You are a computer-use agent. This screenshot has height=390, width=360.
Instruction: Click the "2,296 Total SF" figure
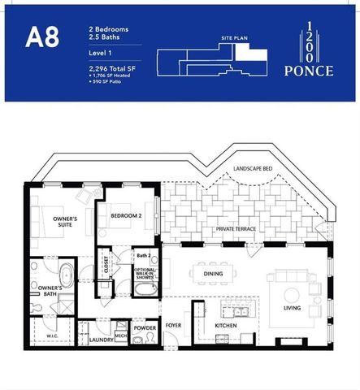point(112,70)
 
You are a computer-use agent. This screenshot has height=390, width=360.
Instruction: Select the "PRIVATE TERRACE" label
point(236,229)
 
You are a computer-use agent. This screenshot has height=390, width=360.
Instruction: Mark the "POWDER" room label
point(146,328)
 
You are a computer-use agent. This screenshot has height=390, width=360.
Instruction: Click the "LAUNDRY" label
point(101,340)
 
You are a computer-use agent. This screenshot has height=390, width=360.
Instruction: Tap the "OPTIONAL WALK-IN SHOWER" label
point(144,274)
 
